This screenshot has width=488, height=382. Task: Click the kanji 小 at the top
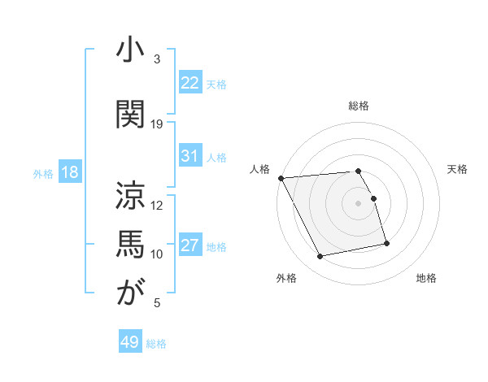coord(130,51)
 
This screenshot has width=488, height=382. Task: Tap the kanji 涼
coord(130,194)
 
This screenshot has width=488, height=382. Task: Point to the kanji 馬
coord(130,244)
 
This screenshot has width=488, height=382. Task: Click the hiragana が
coord(130,293)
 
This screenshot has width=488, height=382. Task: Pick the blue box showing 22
coord(190,83)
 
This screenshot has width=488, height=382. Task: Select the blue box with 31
coord(190,156)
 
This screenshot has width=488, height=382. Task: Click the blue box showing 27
coord(190,245)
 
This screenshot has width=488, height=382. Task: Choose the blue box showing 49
coord(130,342)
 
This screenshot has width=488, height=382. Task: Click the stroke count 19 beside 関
coord(157,124)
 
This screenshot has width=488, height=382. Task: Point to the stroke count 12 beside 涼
coord(157,205)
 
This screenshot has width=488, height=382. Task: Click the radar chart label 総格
coord(359,106)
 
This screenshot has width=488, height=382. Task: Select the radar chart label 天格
coord(457,169)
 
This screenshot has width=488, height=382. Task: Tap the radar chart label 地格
coord(426,279)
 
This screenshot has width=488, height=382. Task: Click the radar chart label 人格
coord(260,169)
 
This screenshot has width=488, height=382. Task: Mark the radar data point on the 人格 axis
coord(281,178)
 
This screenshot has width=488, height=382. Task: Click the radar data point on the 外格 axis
coord(320,257)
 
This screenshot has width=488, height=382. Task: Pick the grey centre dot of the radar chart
coord(359,203)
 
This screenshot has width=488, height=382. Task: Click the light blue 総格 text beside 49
coord(157,344)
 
